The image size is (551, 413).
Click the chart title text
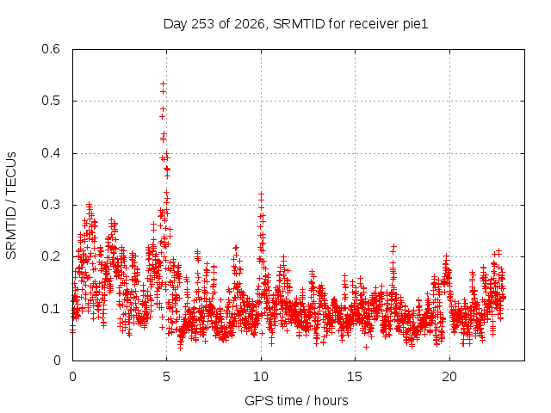point(295,24)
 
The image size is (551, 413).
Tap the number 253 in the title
point(203,24)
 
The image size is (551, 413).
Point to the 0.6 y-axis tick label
point(51,49)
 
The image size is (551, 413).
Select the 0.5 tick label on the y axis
point(51,101)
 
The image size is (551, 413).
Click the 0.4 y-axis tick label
point(51,153)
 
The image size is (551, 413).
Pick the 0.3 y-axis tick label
point(51,205)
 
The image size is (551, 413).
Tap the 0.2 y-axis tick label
point(51,256)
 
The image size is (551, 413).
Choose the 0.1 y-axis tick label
point(51,309)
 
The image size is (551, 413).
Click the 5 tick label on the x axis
point(166,377)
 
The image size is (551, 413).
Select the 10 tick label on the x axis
point(261,377)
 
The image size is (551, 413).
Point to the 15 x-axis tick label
point(355,377)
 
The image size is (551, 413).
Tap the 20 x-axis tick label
point(449,377)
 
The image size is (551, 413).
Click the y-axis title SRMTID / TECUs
point(11,206)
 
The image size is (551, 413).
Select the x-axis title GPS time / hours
point(296,400)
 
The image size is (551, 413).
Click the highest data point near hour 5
point(163,84)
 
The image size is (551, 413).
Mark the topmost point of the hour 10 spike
point(261,194)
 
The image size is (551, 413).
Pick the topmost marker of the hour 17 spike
point(394,246)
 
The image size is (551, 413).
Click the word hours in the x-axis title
point(331,400)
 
